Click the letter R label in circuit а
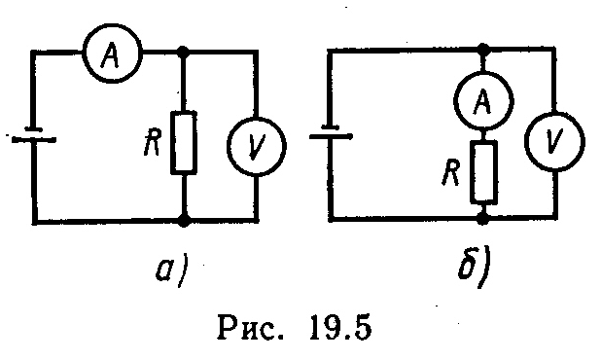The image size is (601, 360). [x=153, y=142]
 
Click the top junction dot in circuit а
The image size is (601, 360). [x=184, y=51]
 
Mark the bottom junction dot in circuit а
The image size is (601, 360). [x=185, y=221]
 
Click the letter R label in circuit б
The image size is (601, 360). [x=451, y=172]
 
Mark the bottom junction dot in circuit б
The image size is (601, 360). [x=484, y=219]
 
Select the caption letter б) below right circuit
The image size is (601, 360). [x=475, y=268]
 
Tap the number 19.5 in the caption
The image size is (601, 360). [x=340, y=327]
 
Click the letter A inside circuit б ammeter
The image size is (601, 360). [x=482, y=101]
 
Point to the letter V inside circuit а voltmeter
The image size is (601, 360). [x=257, y=147]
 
